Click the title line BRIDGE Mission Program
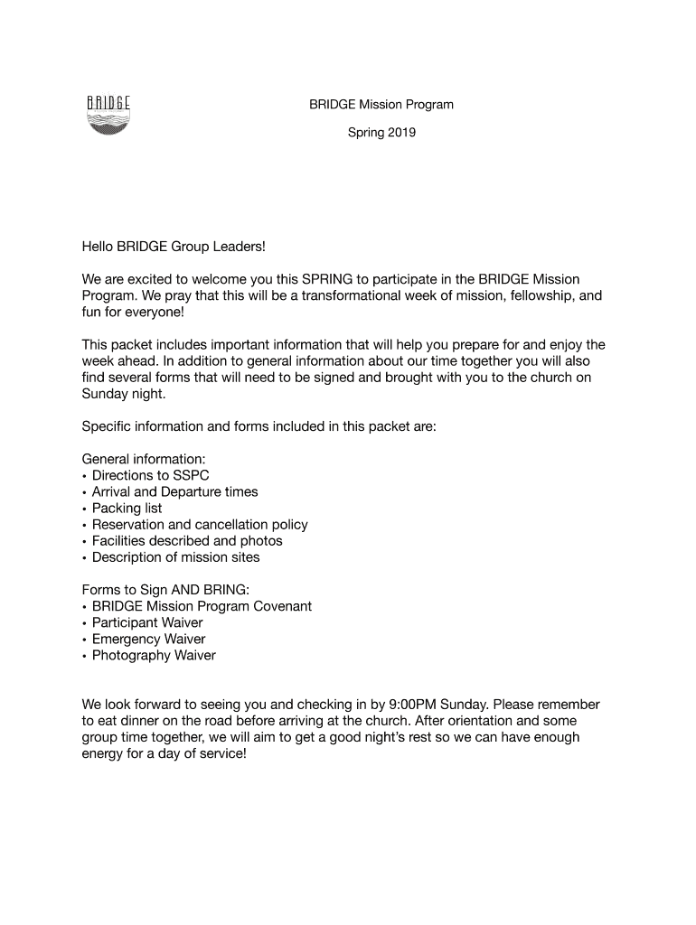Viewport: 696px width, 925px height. pos(381,105)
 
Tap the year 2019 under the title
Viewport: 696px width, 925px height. pos(400,133)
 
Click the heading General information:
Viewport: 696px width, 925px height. pos(137,459)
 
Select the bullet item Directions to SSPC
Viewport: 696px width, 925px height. pos(151,475)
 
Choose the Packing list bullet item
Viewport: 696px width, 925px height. pos(127,508)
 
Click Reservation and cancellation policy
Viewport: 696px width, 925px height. pos(200,524)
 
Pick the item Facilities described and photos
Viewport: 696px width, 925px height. pos(187,540)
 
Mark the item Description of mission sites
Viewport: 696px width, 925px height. pos(175,556)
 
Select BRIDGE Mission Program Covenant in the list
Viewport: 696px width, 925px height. pos(202,606)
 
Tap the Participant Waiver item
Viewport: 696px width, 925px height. pos(147,622)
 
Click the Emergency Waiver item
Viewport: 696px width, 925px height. pos(148,639)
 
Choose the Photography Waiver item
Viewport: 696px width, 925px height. pos(154,655)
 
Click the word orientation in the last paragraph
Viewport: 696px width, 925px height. pos(526,721)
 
